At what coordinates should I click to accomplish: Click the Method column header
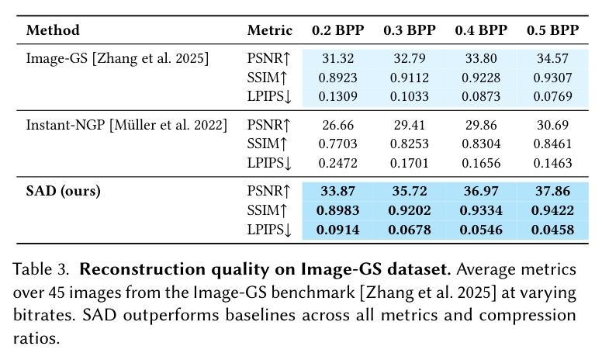[x=53, y=30]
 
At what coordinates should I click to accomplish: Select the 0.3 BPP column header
[x=410, y=30]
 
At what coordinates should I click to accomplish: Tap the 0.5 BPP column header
[x=553, y=30]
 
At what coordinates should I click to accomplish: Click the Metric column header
[x=269, y=30]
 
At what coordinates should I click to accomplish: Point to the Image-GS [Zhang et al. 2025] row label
[x=117, y=58]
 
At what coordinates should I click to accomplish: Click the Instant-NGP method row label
[x=126, y=125]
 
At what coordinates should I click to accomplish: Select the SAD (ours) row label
[x=64, y=191]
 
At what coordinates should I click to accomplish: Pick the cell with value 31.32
[x=338, y=58]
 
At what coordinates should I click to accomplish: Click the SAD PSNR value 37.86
[x=553, y=191]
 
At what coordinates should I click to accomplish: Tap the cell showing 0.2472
[x=338, y=163]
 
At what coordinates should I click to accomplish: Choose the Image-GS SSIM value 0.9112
[x=410, y=78]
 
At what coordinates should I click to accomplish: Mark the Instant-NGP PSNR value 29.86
[x=481, y=125]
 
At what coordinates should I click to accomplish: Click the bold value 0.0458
[x=553, y=230]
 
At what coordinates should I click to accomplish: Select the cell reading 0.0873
[x=481, y=96]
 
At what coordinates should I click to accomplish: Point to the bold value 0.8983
[x=338, y=211]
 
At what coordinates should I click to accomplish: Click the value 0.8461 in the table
[x=553, y=144]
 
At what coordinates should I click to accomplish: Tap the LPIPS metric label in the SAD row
[x=269, y=230]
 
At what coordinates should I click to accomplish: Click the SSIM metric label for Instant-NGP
[x=267, y=144]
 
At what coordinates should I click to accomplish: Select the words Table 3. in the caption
[x=41, y=269]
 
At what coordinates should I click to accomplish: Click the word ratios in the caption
[x=36, y=338]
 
